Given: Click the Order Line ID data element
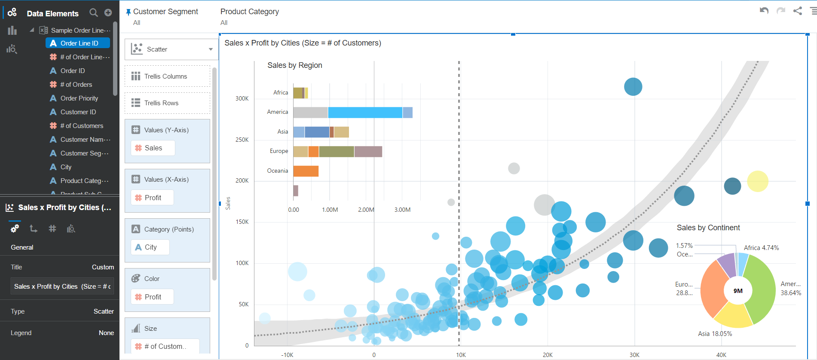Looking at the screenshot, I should click(x=79, y=43).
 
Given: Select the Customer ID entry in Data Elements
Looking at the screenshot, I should click(x=78, y=112).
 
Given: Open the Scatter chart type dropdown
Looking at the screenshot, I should click(x=211, y=49).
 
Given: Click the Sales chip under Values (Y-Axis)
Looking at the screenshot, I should click(x=153, y=148).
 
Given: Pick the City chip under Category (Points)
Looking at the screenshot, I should click(x=150, y=247).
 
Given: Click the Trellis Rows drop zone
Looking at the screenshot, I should click(x=167, y=103).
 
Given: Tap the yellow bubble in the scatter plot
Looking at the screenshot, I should click(x=757, y=181).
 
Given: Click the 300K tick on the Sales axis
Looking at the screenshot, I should click(x=242, y=98).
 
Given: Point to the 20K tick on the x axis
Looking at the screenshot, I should click(x=548, y=355).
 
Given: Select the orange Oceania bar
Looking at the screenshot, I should click(x=306, y=171).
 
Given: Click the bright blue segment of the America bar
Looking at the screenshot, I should click(x=365, y=113).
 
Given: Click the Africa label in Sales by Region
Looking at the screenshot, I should click(x=281, y=92).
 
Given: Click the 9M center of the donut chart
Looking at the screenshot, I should click(x=738, y=291).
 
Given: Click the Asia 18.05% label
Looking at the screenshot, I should click(x=715, y=334).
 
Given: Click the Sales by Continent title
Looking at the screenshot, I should click(x=708, y=228).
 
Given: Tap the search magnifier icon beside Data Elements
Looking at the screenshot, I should click(x=93, y=13).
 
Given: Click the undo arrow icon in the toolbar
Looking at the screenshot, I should click(x=764, y=11).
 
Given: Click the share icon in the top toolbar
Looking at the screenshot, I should click(x=798, y=11).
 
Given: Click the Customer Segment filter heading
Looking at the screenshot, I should click(x=165, y=12).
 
